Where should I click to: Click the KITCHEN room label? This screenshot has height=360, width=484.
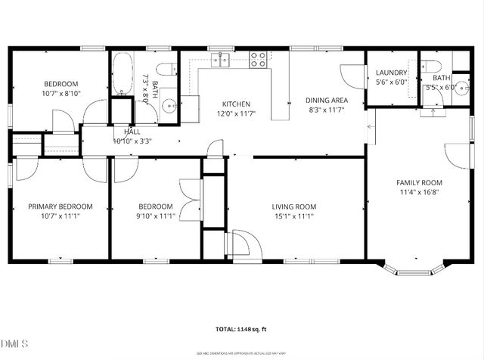point(236,104)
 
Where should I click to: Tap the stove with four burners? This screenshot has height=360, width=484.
point(259,57)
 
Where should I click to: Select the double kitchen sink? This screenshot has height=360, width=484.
point(220,59)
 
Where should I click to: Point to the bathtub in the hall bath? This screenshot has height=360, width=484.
point(123,76)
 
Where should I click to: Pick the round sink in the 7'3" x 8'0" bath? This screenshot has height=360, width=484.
point(169,107)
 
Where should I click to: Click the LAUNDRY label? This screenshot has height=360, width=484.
point(391,73)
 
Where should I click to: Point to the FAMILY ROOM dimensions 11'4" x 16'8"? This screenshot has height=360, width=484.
point(420,192)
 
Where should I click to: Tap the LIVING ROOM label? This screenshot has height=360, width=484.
point(294,206)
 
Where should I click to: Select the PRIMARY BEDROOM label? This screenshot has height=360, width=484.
point(60,206)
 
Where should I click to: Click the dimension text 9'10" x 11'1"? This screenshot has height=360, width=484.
point(155,216)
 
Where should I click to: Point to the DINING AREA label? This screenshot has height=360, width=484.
point(327,101)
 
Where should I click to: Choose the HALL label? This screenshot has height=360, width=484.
point(132,132)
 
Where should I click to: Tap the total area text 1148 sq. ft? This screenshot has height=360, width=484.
point(241,329)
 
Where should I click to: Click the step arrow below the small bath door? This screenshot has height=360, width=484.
point(433,114)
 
